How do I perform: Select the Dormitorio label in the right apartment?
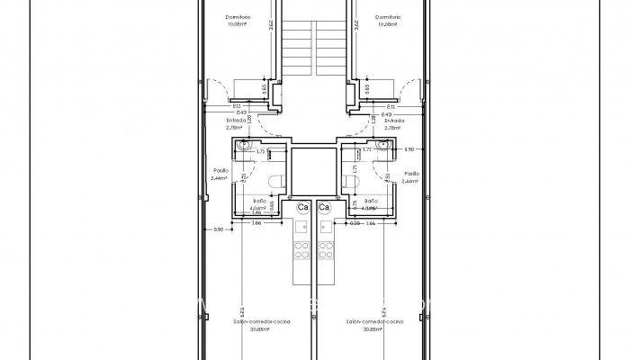[x=387, y=20]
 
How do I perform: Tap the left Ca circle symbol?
[x=303, y=208]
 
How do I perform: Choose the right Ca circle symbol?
[x=324, y=208]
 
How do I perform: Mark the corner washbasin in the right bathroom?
[x=383, y=145]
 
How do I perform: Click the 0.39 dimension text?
[x=354, y=223]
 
